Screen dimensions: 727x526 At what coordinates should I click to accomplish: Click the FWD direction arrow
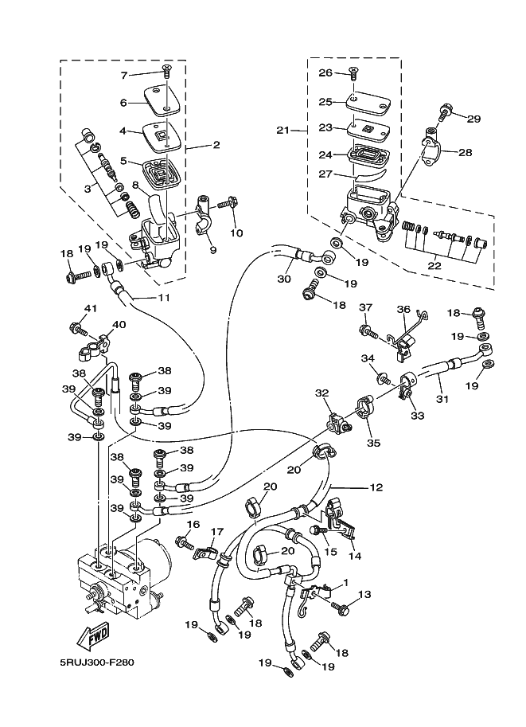(x=93, y=638)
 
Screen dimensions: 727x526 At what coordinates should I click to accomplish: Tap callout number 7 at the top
(x=124, y=75)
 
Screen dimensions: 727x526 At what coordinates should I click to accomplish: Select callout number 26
(x=325, y=73)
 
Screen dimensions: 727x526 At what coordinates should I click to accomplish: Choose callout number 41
(x=91, y=308)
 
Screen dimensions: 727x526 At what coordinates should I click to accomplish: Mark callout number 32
(x=321, y=393)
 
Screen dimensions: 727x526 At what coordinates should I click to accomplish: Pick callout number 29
(x=473, y=119)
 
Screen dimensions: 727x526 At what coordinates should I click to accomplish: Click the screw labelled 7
(x=166, y=72)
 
